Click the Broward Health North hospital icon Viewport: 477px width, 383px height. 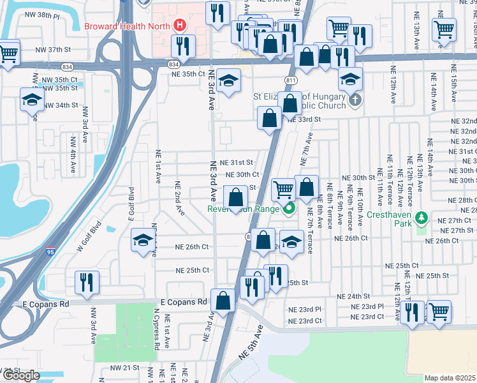pos(180,26)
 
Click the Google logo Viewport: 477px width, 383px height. pos(20,375)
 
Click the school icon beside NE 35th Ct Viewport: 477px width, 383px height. pos(228,80)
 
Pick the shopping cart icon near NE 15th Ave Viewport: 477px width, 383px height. pos(443,29)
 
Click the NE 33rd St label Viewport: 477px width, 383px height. pos(303,119)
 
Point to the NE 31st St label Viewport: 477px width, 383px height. pos(237,163)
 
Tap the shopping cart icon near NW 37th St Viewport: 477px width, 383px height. pos(8,54)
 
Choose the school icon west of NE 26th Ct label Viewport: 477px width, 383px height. pos(143,240)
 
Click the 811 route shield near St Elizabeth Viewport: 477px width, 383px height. pos(291,80)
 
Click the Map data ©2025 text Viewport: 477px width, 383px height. pos(450,378)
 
